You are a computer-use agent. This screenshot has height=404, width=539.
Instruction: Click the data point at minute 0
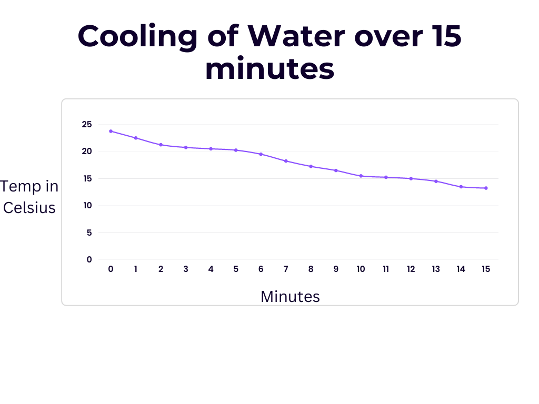coord(111,131)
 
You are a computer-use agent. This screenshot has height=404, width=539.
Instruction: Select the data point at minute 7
coord(286,161)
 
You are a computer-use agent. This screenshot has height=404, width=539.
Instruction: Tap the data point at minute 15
coord(486,188)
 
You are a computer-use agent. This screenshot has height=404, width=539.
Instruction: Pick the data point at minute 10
coord(361,176)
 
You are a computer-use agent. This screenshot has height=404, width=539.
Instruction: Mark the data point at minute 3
coord(186,147)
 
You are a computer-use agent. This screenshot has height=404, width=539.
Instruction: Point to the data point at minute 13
coord(436,181)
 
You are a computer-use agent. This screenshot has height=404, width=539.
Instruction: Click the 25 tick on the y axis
coord(86,125)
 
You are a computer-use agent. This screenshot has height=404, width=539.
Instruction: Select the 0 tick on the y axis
coord(89,259)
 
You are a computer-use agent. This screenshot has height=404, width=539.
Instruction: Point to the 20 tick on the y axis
coord(86,151)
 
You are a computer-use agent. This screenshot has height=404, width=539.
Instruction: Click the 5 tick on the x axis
coord(236,269)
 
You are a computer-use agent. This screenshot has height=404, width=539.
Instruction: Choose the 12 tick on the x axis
coord(411,269)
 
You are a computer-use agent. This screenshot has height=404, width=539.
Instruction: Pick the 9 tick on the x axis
coord(336,269)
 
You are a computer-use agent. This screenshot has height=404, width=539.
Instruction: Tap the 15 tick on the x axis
coord(486,269)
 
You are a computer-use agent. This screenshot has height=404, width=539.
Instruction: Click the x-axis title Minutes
coord(290,297)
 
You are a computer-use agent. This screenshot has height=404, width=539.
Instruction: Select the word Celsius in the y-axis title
coord(29,208)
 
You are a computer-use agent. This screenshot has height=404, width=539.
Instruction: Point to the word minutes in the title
coord(269,69)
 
